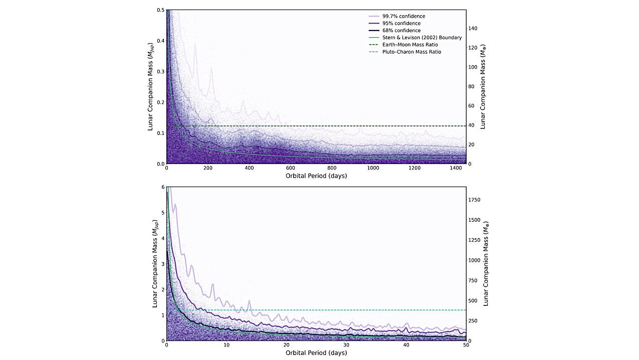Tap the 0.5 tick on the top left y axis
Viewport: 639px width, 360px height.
pos(160,10)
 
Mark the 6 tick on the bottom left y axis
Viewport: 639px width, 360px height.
pos(162,187)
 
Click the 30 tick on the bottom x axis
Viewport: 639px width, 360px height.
pos(346,345)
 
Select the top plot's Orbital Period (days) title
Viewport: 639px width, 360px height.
pos(316,176)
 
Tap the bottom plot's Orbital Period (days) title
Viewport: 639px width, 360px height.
pos(316,352)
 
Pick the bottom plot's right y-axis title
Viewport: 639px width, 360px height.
pos(486,264)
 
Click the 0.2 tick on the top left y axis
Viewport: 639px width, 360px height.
pos(160,102)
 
